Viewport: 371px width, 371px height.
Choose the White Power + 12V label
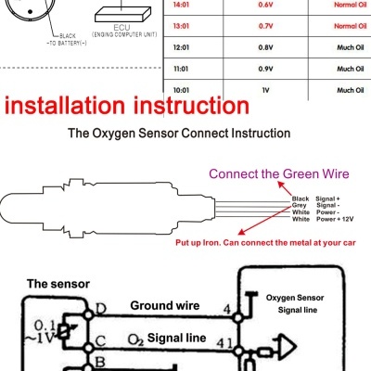pyautogui.click(x=321, y=219)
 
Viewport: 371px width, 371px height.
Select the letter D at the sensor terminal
pyautogui.click(x=99, y=307)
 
